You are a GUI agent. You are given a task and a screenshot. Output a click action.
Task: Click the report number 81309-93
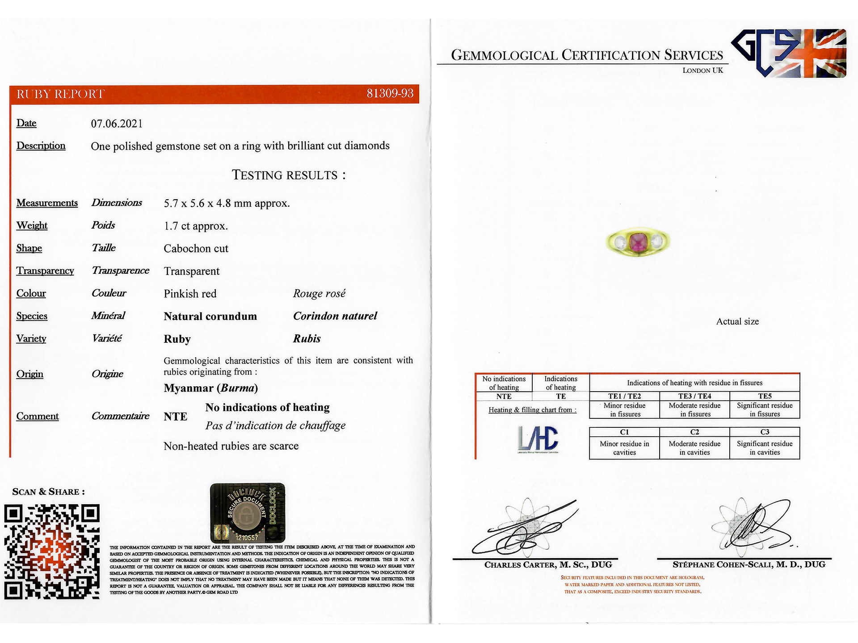[390, 93]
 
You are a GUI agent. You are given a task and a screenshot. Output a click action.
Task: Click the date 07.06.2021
[117, 124]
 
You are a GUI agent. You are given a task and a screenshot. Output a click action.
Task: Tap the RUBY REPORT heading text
[60, 94]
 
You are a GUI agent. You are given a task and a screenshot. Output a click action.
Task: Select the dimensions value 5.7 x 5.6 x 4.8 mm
[227, 204]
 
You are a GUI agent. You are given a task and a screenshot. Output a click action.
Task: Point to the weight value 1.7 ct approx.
[196, 226]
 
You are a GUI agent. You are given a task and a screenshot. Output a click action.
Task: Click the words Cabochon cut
[196, 249]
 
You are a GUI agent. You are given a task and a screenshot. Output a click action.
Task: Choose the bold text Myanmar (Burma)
[210, 388]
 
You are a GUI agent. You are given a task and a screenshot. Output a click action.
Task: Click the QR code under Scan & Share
[52, 551]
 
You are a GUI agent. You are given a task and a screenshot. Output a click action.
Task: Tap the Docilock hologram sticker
[247, 513]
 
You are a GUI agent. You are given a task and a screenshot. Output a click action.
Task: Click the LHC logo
[538, 439]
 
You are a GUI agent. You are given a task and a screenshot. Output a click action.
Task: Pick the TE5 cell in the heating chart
[765, 396]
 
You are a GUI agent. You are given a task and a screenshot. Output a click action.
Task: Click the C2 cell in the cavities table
[694, 432]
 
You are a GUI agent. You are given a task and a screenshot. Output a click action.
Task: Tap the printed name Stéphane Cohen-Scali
[749, 565]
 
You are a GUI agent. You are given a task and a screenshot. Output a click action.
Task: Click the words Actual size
[737, 321]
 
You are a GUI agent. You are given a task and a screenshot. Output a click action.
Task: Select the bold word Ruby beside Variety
[177, 339]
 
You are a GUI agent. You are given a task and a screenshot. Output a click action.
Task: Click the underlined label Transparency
[45, 271]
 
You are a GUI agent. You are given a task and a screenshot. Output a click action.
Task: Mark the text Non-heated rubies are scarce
[231, 446]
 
